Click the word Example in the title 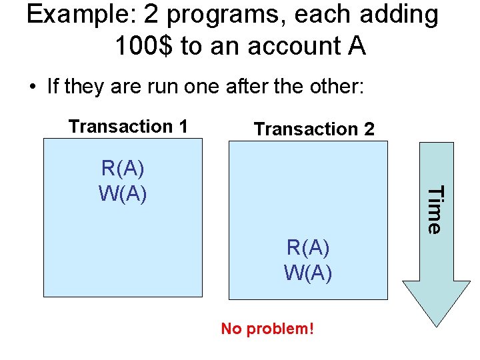tap(77, 16)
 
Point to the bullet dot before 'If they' tap(31, 87)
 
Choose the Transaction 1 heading tap(128, 126)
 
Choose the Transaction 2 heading tap(315, 129)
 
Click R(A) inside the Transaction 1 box tap(123, 167)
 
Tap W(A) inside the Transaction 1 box tap(123, 193)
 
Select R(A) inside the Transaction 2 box tap(309, 247)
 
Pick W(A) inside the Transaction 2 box tap(309, 273)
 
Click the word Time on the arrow tap(434, 210)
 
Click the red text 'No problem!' tap(267, 329)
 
